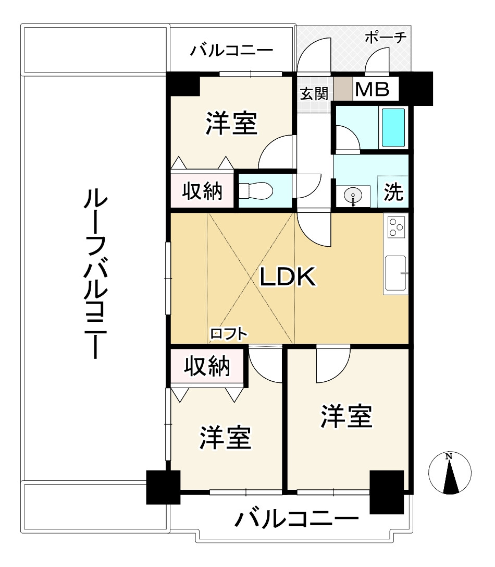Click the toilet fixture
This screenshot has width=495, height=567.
255,190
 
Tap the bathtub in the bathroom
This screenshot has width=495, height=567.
393,127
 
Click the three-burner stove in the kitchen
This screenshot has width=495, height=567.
397,227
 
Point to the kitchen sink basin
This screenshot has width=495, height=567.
395,273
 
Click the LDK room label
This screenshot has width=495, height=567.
288,277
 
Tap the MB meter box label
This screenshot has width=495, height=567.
372,89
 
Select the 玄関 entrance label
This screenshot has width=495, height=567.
314,94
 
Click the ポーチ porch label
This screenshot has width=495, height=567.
386,37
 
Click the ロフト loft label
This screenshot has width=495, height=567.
229,334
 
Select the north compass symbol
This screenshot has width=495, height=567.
450,473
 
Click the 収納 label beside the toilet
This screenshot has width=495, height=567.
202,191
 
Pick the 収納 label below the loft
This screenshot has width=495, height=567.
207,366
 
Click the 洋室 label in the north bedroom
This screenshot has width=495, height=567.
231,123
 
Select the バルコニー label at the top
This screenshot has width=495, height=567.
231,50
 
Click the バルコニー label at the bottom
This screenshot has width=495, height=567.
296,518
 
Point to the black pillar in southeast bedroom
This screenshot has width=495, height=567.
387,492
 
